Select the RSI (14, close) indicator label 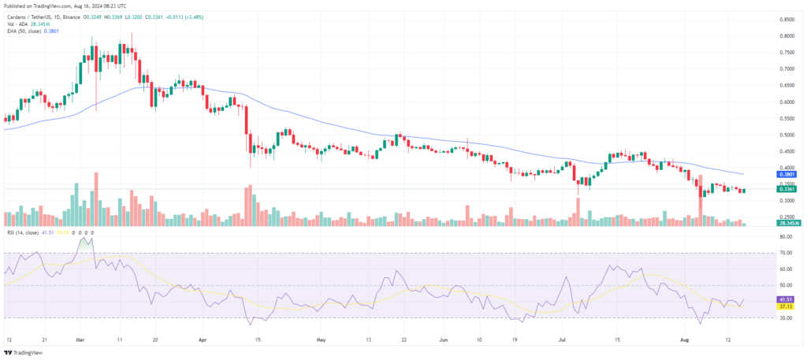click(20, 232)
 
